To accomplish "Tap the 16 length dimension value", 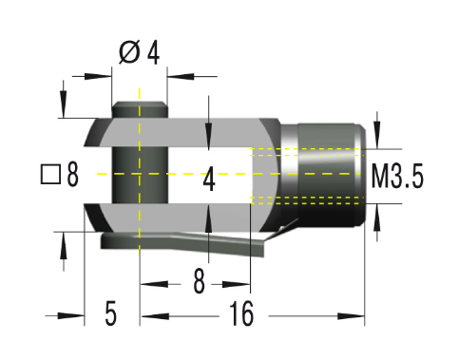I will [241, 315].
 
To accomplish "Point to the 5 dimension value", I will [110, 315].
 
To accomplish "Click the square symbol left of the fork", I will [50, 176].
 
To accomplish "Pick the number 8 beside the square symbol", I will [72, 176].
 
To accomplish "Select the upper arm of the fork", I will [190, 132].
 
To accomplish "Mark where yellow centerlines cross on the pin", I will [140, 175].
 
